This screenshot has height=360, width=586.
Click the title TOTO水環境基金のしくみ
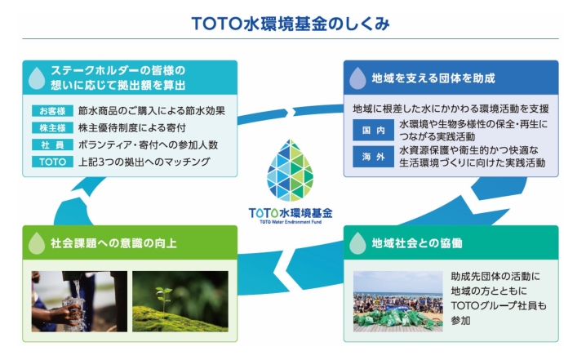click(x=291, y=24)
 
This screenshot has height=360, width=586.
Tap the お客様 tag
click(x=52, y=111)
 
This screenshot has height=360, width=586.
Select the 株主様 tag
click(x=52, y=128)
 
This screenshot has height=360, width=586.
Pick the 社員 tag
click(x=52, y=145)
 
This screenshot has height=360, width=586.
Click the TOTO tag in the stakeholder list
click(x=52, y=162)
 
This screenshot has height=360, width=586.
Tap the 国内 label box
click(x=373, y=130)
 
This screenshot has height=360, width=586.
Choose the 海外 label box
click(x=373, y=157)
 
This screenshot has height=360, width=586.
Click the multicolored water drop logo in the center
click(x=290, y=171)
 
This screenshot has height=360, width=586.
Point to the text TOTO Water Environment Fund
click(x=291, y=222)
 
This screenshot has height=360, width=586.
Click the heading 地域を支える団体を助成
click(x=433, y=78)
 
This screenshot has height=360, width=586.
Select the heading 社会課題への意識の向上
click(x=113, y=243)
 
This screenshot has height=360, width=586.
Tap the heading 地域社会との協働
click(x=417, y=243)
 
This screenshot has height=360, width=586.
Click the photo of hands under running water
click(x=79, y=301)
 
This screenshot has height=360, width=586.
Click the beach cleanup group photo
click(x=398, y=301)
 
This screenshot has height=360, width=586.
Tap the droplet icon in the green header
click(x=37, y=243)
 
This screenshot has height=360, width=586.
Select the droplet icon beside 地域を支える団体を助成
click(x=357, y=78)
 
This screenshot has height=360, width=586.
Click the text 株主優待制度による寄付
click(x=132, y=128)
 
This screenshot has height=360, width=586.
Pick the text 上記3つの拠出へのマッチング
click(x=144, y=162)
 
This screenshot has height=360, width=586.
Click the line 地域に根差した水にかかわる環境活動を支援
click(x=451, y=109)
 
